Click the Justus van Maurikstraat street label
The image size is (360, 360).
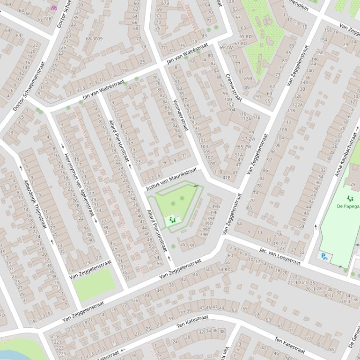pyautogui.click(x=171, y=179)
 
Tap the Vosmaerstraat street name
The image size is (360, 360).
pyautogui.click(x=180, y=115)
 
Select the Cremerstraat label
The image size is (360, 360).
pyautogui.click(x=233, y=87)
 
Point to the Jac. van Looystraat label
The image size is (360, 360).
pyautogui.click(x=279, y=258)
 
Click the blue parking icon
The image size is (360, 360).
pyautogui.click(x=323, y=256)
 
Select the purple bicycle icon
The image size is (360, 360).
pyautogui.click(x=53, y=8)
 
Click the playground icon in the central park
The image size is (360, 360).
pyautogui.click(x=172, y=219)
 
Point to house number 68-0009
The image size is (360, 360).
pyautogui.click(x=94, y=39)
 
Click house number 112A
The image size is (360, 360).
pyautogui.click(x=246, y=119)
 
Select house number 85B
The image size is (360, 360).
pyautogui.click(x=248, y=79)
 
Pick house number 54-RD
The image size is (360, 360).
pyautogui.click(x=224, y=270)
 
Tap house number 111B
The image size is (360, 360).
pyautogui.click(x=217, y=172)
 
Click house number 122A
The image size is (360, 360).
pyautogui.click(x=298, y=105)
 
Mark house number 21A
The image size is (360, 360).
pyautogui.click(x=278, y=234)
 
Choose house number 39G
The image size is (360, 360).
pyautogui.click(x=215, y=206)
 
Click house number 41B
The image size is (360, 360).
pyautogui.click(x=227, y=177)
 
